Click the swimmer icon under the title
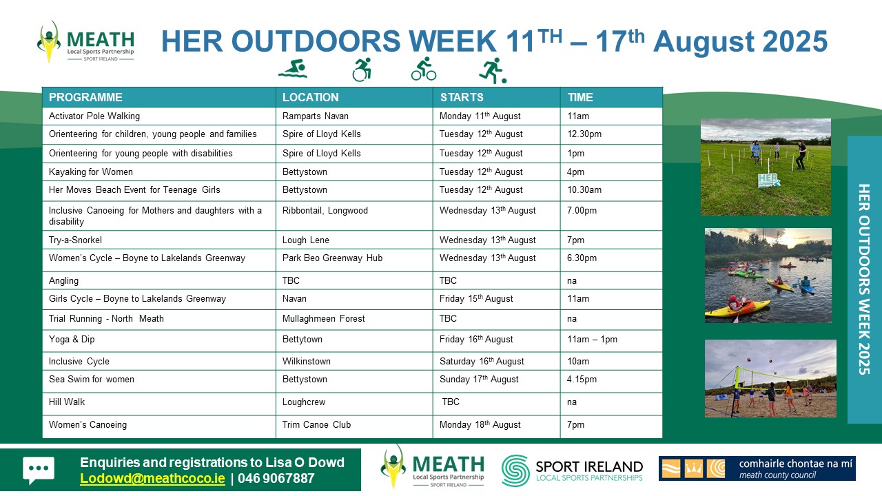point(293,69)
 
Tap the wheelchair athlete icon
point(362,70)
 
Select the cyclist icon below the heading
point(424,69)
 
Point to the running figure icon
point(493,70)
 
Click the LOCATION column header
point(310,97)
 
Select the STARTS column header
point(462,97)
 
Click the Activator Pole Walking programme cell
point(94,116)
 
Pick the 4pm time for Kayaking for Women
point(575,172)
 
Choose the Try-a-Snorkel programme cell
point(75,240)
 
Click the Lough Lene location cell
point(305,240)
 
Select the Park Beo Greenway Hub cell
point(332,258)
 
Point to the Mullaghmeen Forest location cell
point(324,318)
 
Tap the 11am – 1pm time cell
point(592,340)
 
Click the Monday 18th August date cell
point(480,425)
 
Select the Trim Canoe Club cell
point(316,425)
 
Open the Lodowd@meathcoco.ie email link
point(152,479)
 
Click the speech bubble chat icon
point(39,470)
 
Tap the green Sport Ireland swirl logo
point(515,471)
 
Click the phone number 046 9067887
point(276,479)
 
